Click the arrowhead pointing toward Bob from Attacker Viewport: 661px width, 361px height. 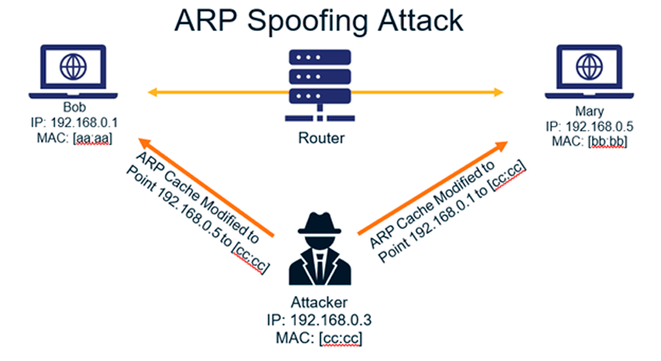pyautogui.click(x=144, y=143)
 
